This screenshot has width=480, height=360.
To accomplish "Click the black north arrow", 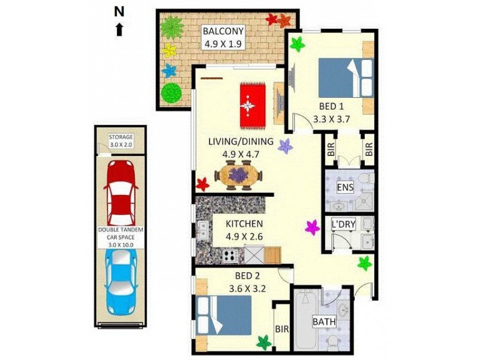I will (x=119, y=29).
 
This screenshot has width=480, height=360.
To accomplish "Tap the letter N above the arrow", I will (x=119, y=11).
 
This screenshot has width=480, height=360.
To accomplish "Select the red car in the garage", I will (x=121, y=190).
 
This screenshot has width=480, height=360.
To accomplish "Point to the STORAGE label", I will (x=121, y=137).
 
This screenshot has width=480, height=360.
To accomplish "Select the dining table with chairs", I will (x=238, y=176).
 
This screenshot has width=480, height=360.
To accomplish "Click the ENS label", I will (x=345, y=187).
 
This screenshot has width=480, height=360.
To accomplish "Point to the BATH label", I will (x=324, y=322).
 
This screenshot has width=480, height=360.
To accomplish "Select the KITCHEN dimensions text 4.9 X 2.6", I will (x=244, y=237).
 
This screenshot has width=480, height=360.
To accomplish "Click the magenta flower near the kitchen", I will (x=313, y=227).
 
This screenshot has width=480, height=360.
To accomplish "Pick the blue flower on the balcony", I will (x=170, y=70).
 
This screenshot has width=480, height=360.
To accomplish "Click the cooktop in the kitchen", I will (x=231, y=256).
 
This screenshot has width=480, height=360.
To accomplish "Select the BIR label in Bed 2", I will (x=281, y=329).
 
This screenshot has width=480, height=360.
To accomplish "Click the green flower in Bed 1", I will (x=298, y=43).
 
